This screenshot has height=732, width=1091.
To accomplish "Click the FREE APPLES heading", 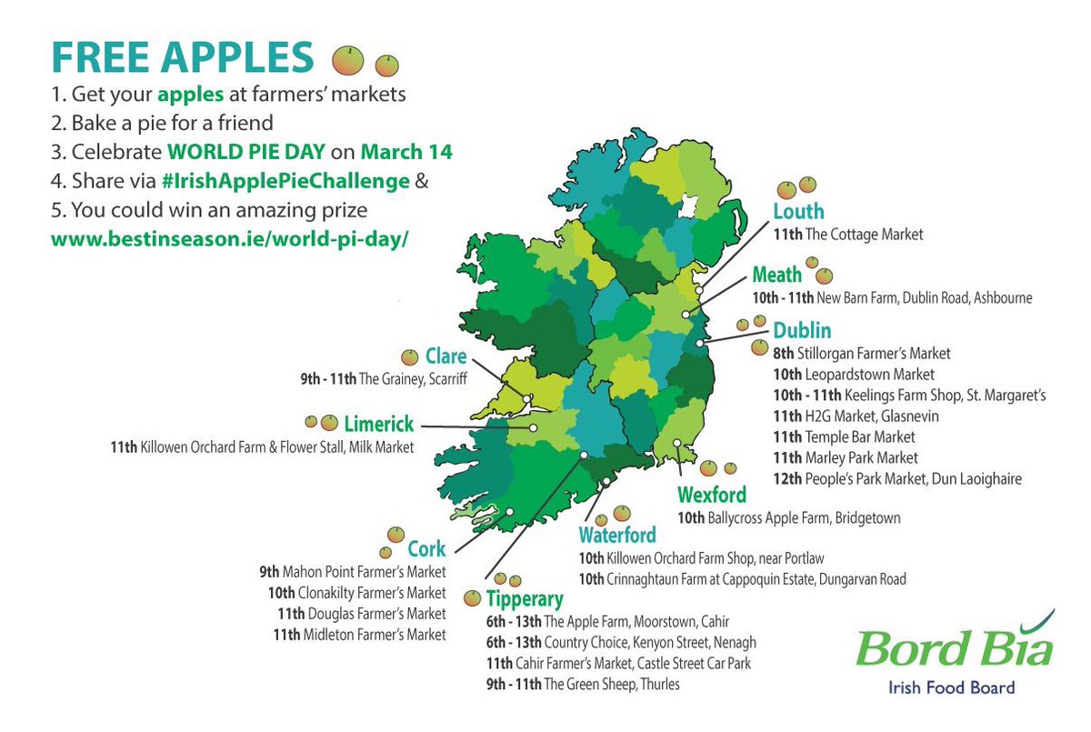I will pyautogui.click(x=182, y=56).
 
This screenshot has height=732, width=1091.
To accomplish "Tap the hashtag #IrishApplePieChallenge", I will pyautogui.click(x=284, y=180).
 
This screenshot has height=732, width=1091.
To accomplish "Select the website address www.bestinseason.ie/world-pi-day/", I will pyautogui.click(x=227, y=240).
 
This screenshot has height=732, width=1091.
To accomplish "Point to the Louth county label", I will pyautogui.click(x=798, y=212).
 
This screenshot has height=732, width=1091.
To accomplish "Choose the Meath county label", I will pyautogui.click(x=776, y=275).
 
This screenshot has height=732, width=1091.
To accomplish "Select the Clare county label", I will pyautogui.click(x=445, y=356).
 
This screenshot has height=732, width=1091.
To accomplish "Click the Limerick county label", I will pyautogui.click(x=378, y=423).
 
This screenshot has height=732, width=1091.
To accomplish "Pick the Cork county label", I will pyautogui.click(x=426, y=549).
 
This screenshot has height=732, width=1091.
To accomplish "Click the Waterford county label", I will pyautogui.click(x=617, y=535).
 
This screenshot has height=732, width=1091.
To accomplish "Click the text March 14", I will pyautogui.click(x=405, y=152).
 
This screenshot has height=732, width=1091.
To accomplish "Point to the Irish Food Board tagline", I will pyautogui.click(x=951, y=688).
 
